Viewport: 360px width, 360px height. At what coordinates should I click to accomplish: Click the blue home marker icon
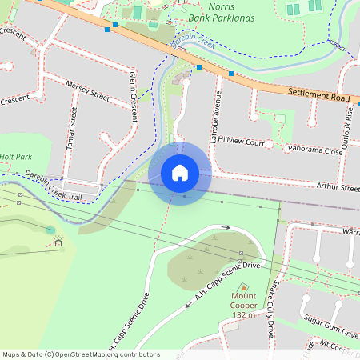coord(180,174)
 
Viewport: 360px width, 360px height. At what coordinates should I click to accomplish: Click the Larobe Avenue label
coord(214,117)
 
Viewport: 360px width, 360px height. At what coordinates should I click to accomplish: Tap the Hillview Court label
coord(241,142)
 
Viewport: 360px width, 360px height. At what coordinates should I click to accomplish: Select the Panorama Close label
coord(314,149)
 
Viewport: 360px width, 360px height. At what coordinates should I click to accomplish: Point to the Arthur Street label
coord(338,188)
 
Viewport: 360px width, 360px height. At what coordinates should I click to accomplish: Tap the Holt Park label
coord(15,158)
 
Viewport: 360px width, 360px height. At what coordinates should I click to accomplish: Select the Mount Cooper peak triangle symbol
coord(243,287)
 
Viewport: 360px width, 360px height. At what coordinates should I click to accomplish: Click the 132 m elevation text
coord(243,315)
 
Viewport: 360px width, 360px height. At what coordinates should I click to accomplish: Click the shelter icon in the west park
coord(58,242)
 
